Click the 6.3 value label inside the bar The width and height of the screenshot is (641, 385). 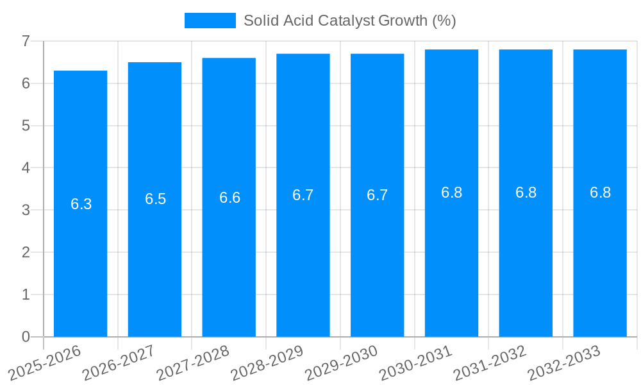click(x=81, y=204)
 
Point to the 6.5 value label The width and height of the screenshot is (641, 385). click(x=155, y=199)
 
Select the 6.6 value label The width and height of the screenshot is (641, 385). click(x=229, y=198)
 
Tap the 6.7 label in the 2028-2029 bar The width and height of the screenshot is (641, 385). click(x=303, y=195)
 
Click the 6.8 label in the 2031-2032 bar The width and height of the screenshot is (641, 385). click(x=526, y=193)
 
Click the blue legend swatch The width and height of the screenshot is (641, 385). click(x=210, y=21)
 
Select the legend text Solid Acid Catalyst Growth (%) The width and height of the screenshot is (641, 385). click(x=349, y=21)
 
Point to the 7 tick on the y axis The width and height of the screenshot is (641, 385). click(x=26, y=41)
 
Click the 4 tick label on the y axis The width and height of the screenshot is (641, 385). click(x=26, y=167)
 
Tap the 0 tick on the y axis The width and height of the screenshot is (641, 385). click(x=26, y=336)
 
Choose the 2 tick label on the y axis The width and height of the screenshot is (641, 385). click(x=26, y=252)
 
